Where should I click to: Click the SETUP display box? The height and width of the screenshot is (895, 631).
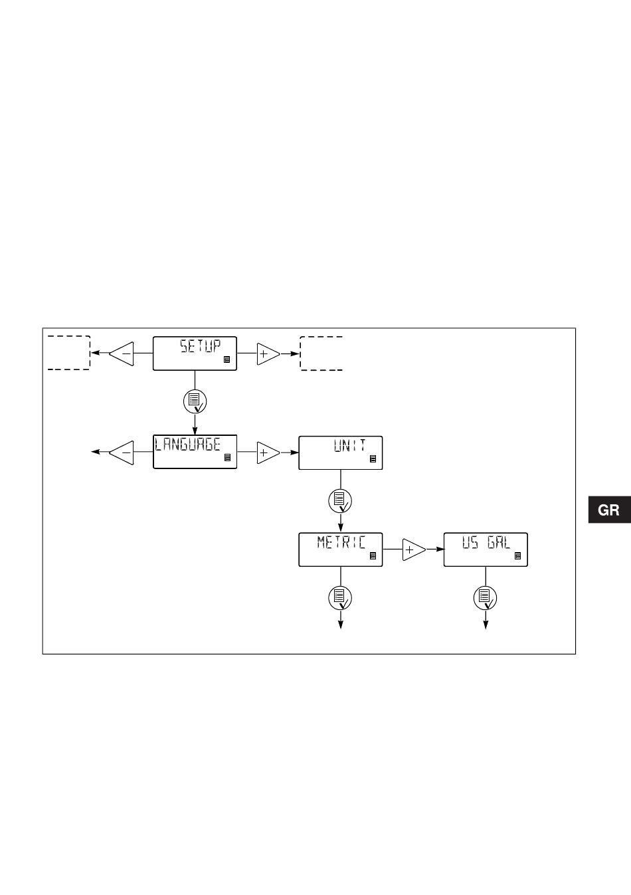point(195,353)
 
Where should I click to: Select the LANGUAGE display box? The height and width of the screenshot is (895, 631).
point(195,452)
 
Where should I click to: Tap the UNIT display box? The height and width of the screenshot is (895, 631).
point(341,452)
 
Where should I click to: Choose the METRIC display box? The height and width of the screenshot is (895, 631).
point(341,549)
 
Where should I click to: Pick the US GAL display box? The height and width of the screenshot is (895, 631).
point(486,549)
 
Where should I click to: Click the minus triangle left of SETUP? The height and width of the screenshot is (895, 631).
point(123,354)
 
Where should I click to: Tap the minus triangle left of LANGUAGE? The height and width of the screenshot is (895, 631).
point(123,452)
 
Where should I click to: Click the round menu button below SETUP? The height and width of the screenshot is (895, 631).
point(195,401)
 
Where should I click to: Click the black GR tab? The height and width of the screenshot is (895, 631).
point(609,510)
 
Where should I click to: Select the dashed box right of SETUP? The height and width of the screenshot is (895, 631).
point(321,353)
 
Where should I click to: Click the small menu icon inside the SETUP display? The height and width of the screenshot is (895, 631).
point(227,359)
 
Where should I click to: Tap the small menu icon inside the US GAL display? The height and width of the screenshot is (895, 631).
point(518,556)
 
